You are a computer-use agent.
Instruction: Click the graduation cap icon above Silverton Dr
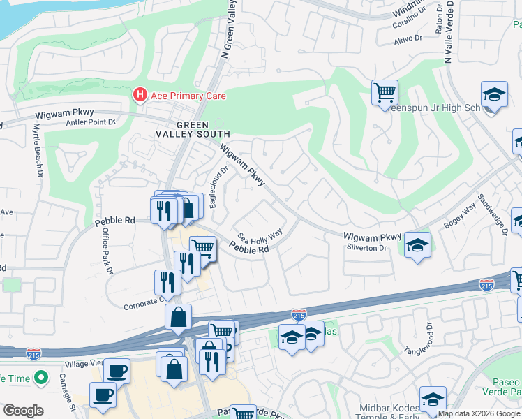point(417,244)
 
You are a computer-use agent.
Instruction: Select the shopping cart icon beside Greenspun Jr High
point(385,91)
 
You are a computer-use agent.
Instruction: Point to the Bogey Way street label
point(459,215)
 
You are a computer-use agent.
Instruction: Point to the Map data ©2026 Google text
point(479,413)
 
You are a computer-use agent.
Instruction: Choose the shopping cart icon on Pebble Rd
point(202,247)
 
